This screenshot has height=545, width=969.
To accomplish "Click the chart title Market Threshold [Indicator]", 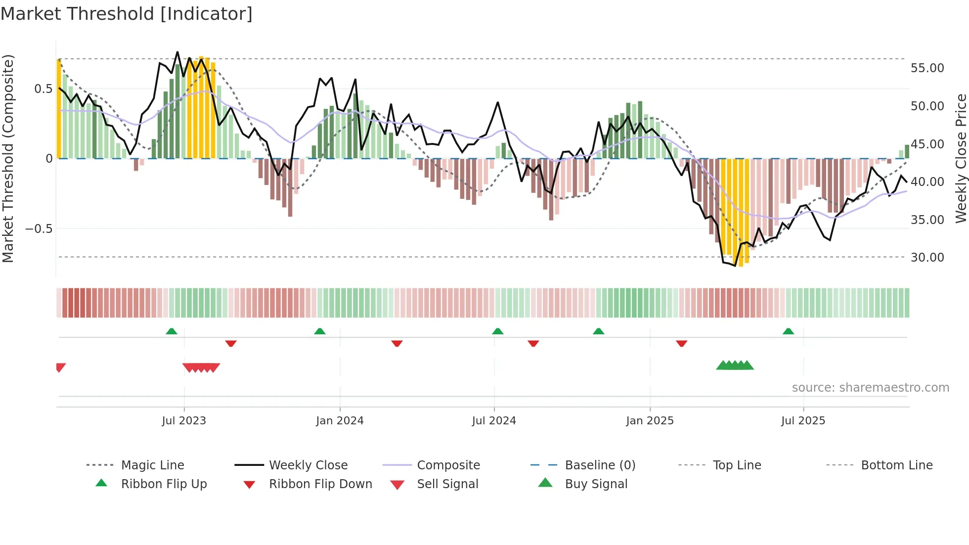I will pos(127,14).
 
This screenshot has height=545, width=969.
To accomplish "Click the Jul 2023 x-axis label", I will pos(183,421).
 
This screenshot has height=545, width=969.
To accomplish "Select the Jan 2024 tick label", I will pos(340,421).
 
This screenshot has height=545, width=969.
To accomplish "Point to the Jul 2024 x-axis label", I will pos(494,421).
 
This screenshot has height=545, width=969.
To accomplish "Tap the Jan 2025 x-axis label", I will pos(650,421).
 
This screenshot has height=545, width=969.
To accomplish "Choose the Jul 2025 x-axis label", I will pos(803,421).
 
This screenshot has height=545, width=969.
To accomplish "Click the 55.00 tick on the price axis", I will pos(927,68).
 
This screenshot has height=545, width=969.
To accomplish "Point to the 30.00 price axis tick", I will pos(927,258).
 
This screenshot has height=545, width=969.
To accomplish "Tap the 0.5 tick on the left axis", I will pos(43,89).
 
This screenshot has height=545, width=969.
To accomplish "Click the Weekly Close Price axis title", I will pos(961,158).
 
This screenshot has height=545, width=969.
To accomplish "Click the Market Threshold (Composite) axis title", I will pos(8,158).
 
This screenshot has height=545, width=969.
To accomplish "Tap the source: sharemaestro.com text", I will pos(870,388).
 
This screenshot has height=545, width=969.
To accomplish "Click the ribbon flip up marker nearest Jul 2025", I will pos(788,331).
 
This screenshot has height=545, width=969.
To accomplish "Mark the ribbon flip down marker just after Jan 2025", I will pos(681,343).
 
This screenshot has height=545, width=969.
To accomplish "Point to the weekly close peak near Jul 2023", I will pos(177,52).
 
